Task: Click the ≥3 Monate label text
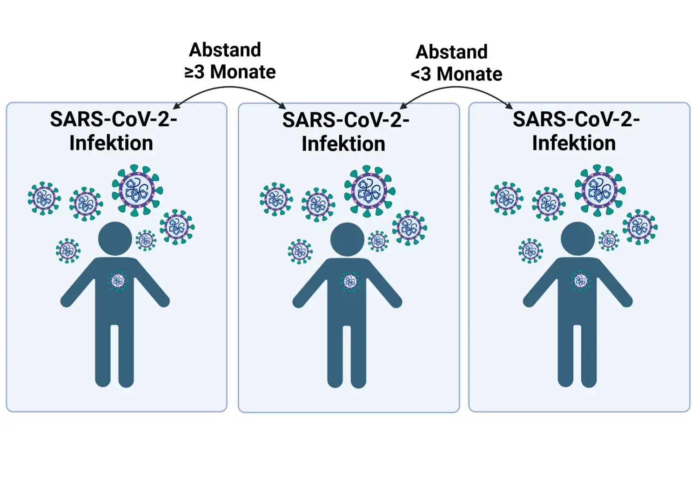click(230, 72)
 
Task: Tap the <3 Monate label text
click(456, 74)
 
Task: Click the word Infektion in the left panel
click(111, 143)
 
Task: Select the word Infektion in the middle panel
click(343, 144)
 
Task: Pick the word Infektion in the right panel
click(574, 143)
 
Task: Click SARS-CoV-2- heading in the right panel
click(576, 119)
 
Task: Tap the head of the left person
click(115, 238)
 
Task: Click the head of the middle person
click(347, 239)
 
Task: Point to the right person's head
click(577, 238)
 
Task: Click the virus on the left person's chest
click(118, 280)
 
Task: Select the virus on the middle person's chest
click(350, 281)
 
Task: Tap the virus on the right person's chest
click(580, 280)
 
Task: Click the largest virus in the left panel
click(137, 190)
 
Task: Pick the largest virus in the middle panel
click(369, 191)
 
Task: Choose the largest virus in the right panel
click(600, 190)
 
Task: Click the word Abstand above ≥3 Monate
click(225, 50)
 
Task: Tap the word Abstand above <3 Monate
click(451, 52)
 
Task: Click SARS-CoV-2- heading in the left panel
click(114, 119)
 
